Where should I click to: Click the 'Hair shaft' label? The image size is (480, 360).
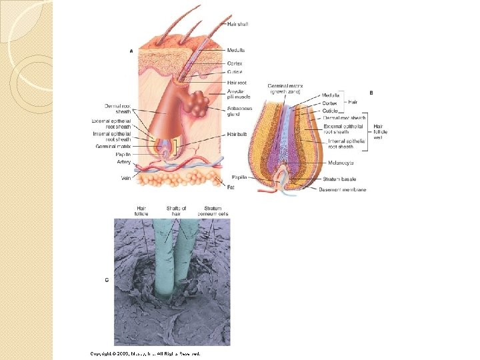[x=238, y=25]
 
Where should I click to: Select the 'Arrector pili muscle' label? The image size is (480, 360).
[x=238, y=94]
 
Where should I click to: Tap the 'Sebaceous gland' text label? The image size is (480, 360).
[x=237, y=111]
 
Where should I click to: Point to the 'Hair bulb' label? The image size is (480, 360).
[x=237, y=134]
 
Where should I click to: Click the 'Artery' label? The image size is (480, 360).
[x=124, y=162]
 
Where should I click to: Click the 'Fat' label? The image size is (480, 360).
[x=231, y=187]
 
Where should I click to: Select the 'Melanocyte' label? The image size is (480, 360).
[x=341, y=162]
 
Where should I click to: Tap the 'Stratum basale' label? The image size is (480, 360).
[x=339, y=179]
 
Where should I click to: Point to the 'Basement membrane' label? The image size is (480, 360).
[x=342, y=190]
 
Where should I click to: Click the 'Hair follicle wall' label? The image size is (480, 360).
[x=381, y=131]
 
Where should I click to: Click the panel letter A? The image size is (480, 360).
[x=131, y=49]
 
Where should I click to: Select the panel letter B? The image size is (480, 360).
[x=371, y=91]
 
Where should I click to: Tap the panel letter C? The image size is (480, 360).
[x=108, y=280]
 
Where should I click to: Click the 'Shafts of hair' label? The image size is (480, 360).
[x=176, y=211]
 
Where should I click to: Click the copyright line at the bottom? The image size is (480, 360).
[x=145, y=353]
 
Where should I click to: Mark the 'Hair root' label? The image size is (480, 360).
[x=236, y=82]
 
